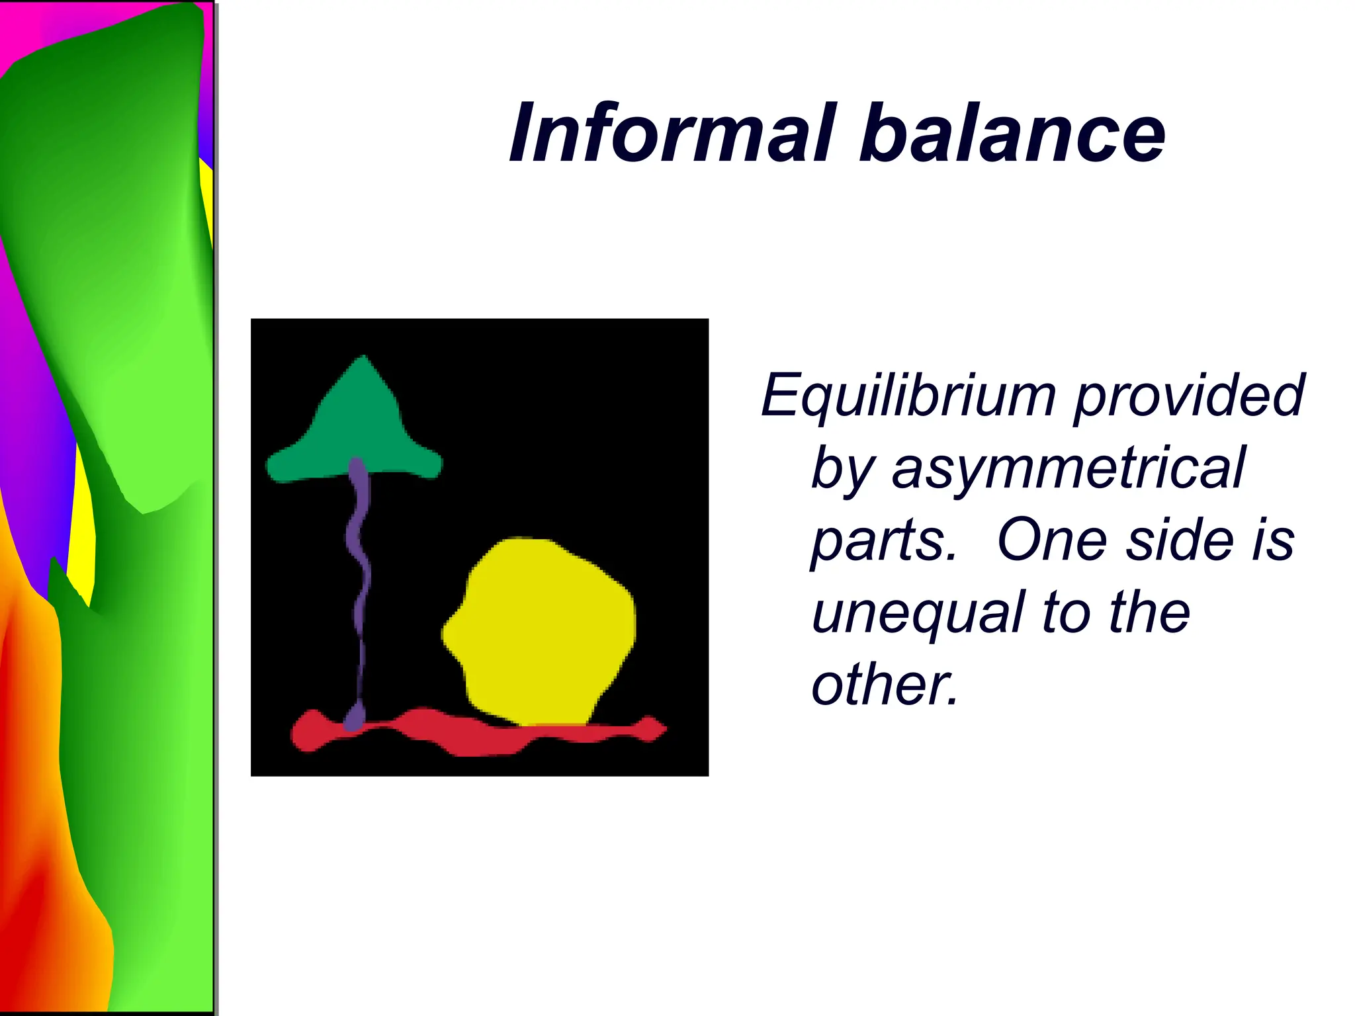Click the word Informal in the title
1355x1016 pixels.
pos(671,134)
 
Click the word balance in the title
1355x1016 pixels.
pos(1012,134)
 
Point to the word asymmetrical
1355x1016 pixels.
pos(1068,468)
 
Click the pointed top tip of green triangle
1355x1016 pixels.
pos(364,359)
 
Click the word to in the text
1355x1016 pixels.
pos(1065,613)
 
